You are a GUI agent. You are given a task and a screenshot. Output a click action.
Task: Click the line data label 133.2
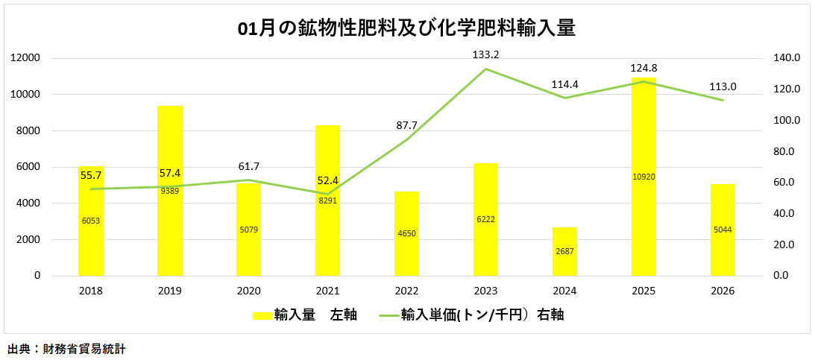click(485, 54)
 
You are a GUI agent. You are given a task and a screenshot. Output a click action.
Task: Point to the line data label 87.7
click(406, 125)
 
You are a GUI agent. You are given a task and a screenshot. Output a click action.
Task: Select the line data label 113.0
click(723, 86)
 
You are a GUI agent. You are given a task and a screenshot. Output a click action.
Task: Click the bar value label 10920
click(643, 177)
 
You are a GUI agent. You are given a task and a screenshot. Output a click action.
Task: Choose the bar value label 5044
click(723, 230)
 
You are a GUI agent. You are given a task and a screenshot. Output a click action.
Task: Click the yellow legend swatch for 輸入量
click(262, 315)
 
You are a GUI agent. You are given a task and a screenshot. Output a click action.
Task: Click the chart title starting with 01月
click(406, 29)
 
